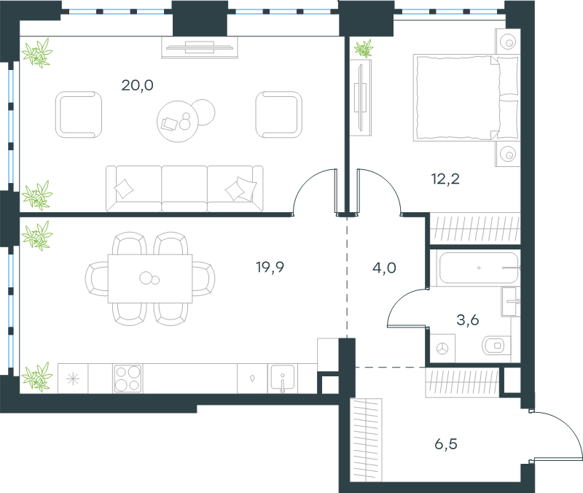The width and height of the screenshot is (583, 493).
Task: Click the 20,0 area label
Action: (x=137, y=85)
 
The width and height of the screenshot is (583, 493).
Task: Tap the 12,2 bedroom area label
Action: (x=445, y=179)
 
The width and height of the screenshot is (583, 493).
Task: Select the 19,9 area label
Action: (x=270, y=267)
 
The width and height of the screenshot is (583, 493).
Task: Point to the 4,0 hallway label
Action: (x=384, y=268)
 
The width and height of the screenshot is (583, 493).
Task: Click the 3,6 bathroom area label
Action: (x=467, y=320)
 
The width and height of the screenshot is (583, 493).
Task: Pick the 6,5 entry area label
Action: (x=446, y=444)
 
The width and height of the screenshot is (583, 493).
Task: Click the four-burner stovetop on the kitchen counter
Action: (x=128, y=379)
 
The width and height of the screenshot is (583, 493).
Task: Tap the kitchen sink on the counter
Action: (x=283, y=379)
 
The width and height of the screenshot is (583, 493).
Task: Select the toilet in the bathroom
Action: (x=496, y=346)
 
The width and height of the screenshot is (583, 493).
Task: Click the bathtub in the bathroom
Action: (x=479, y=268)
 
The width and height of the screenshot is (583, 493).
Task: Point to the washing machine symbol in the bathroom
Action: (x=442, y=349)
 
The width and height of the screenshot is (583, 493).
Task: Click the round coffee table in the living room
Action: (x=178, y=121)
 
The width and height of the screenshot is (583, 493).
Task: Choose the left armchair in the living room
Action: (x=79, y=114)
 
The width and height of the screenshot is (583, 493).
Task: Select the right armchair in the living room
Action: (x=278, y=114)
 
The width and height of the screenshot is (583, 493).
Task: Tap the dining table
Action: (x=150, y=279)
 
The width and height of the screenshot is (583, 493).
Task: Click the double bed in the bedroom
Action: (x=466, y=98)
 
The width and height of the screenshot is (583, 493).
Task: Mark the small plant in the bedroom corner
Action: (x=364, y=49)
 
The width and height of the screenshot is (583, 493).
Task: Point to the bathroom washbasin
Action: (x=510, y=302)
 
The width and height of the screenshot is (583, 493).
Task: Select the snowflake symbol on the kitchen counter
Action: (x=73, y=379)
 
